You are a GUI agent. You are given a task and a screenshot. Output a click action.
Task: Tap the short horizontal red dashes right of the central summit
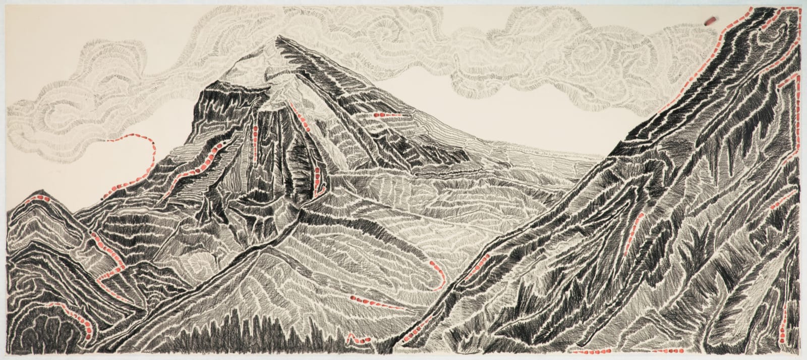(382, 115)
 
